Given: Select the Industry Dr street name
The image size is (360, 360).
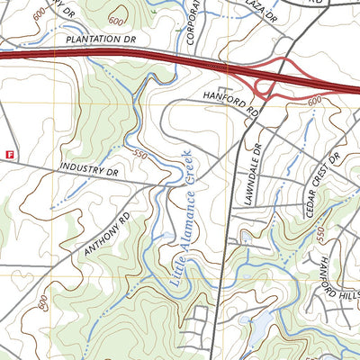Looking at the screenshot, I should (x=89, y=168).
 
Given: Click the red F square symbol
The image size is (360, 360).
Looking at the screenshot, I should (x=10, y=154).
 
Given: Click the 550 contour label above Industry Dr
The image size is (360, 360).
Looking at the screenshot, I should (x=139, y=154).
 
